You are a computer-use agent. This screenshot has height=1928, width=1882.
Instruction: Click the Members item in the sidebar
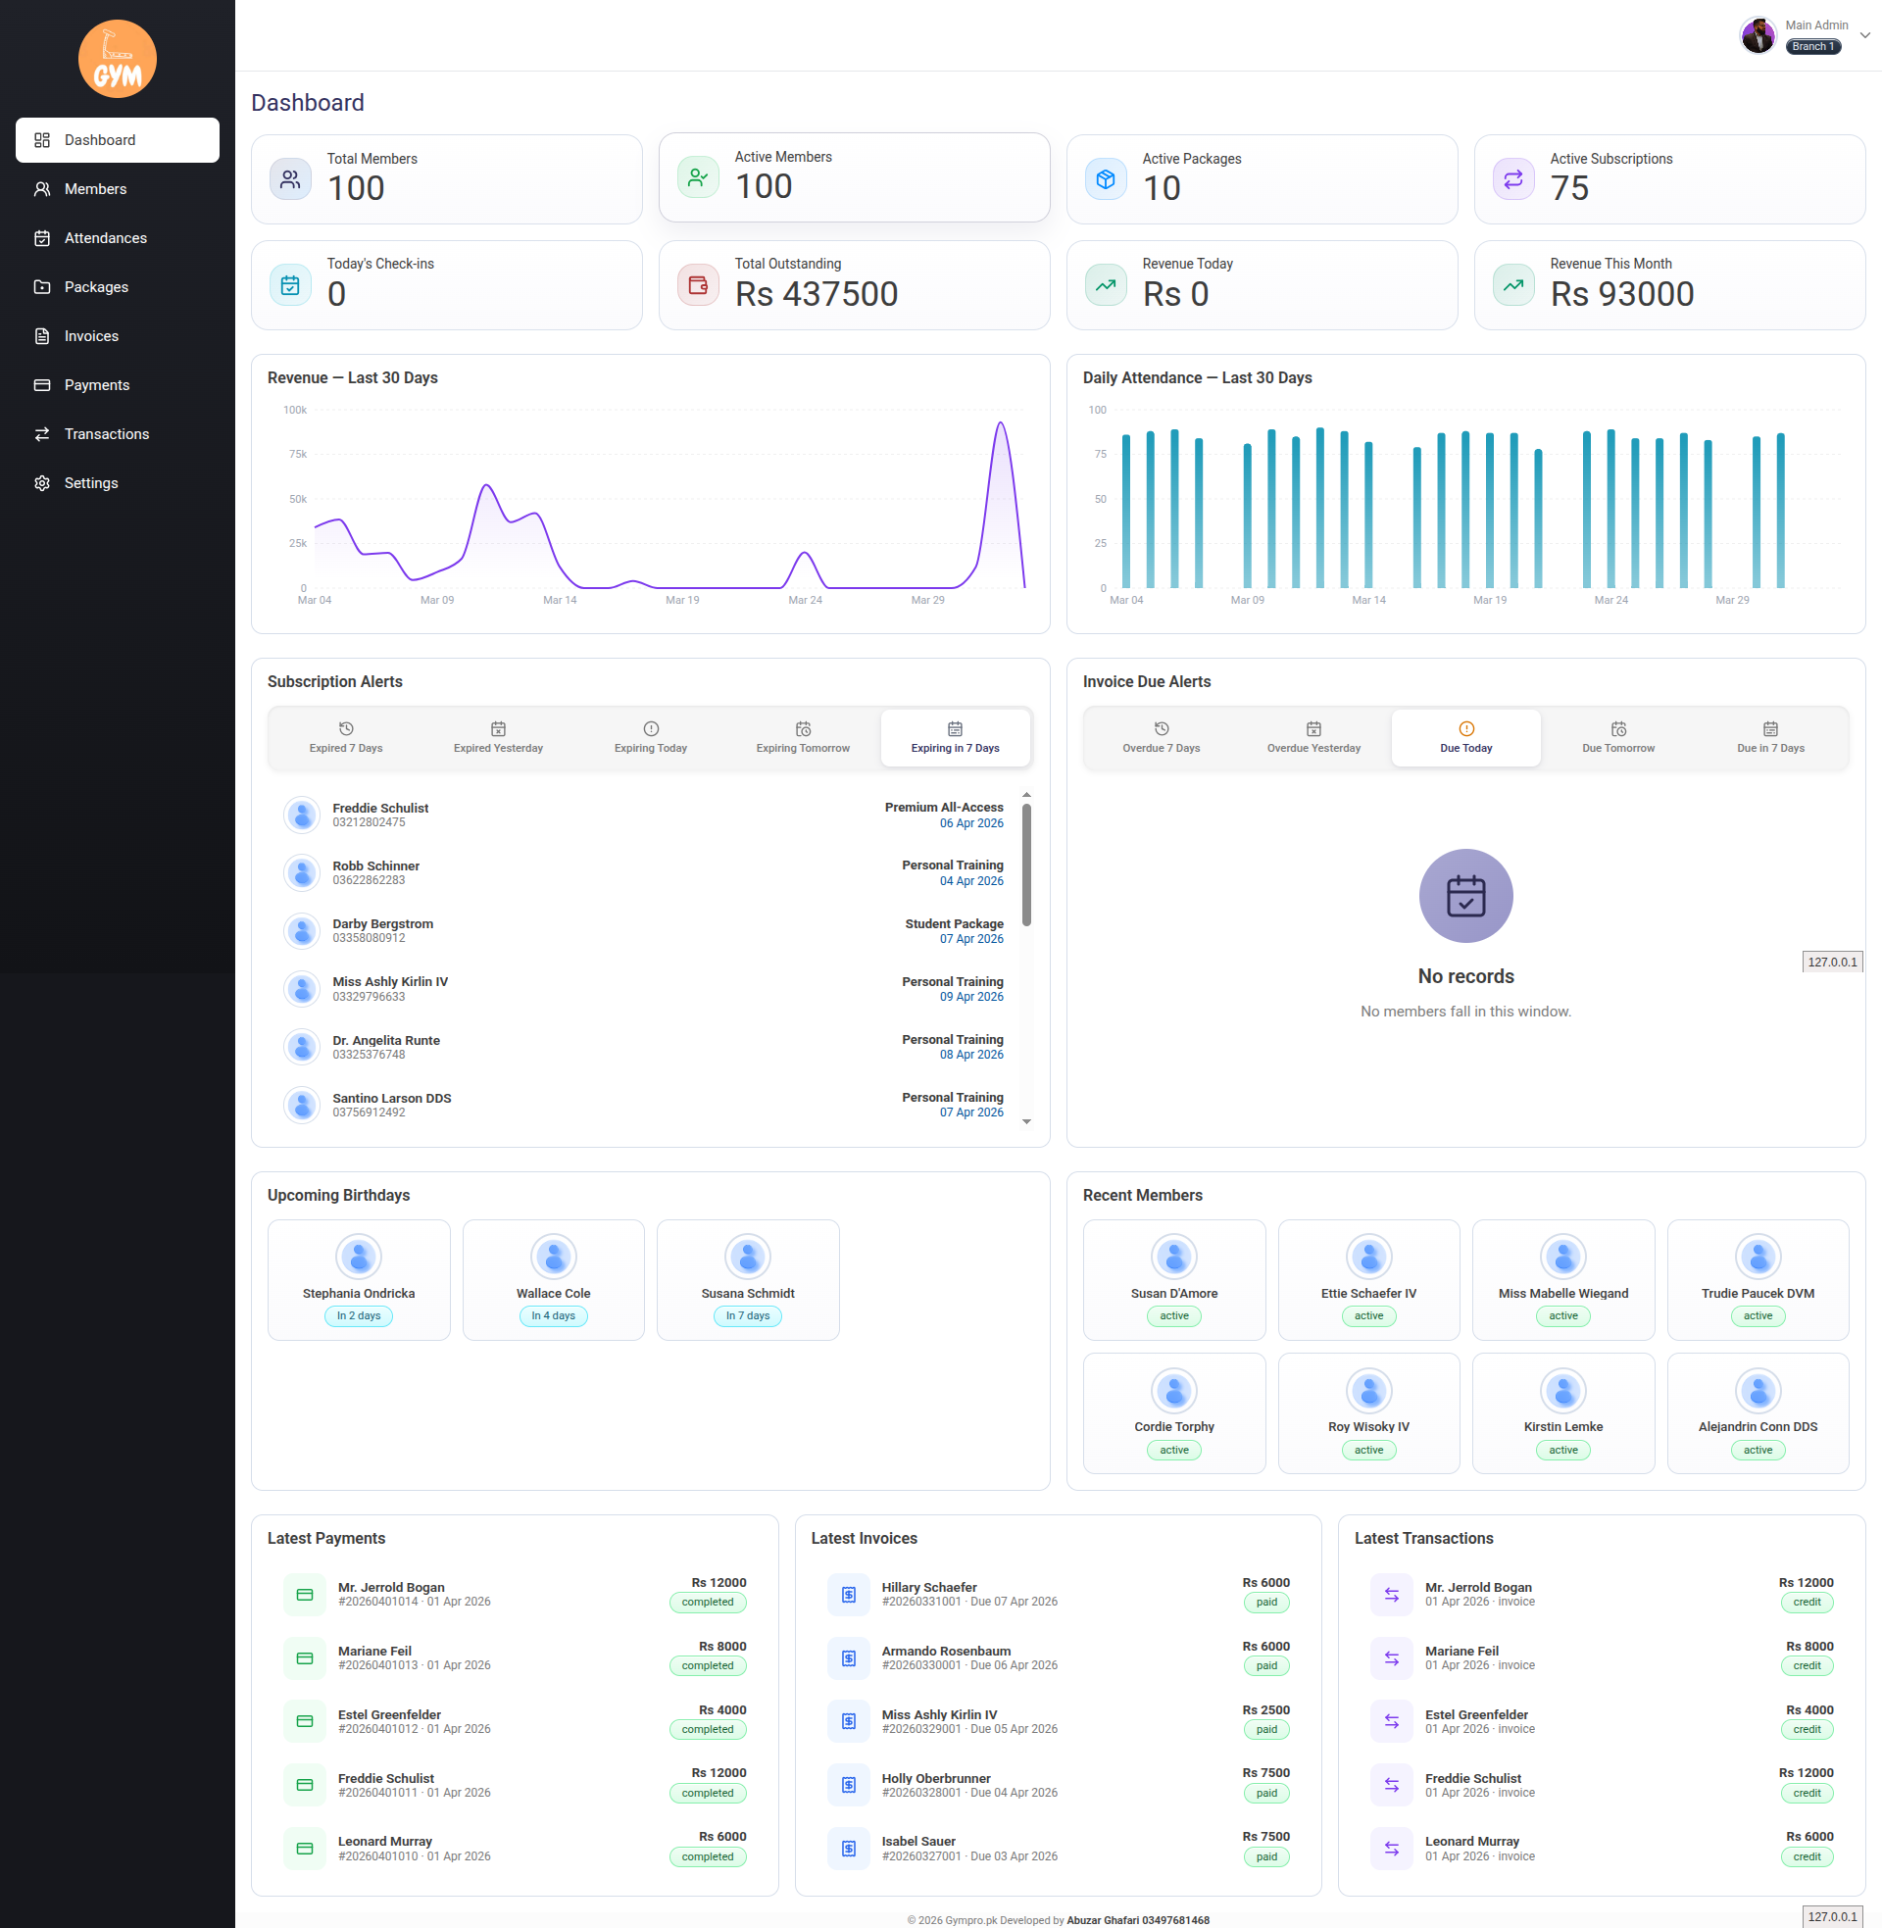pos(95,189)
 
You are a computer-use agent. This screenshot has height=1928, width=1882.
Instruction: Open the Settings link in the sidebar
pos(91,483)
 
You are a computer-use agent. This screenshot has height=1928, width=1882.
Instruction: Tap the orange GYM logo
pos(118,59)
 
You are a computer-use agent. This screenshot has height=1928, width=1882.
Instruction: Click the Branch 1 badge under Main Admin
pos(1811,46)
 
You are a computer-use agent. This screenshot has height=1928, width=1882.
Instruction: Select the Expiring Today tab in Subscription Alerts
pos(651,738)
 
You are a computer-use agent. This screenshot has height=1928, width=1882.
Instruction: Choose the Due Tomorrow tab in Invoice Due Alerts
pos(1618,738)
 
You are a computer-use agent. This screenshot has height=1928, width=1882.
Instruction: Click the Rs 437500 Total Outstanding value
pos(817,294)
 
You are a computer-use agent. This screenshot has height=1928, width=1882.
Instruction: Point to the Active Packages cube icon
pos(1105,179)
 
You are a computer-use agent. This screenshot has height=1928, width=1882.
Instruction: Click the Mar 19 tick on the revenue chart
pos(682,600)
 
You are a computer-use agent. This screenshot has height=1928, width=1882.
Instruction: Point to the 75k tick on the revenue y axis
pos(298,455)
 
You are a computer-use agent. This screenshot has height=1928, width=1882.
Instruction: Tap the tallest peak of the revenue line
pos(1001,423)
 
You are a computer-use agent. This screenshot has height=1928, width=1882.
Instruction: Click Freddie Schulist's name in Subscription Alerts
pos(380,809)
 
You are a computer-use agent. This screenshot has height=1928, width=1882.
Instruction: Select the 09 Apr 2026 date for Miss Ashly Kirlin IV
pos(970,997)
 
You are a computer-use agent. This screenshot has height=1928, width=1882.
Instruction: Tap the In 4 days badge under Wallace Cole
pos(553,1316)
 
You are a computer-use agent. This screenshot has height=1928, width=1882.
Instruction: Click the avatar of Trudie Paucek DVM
pos(1758,1257)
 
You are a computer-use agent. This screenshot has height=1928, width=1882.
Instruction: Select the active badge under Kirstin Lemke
pos(1562,1450)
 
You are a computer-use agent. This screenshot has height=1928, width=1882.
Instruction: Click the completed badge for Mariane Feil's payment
pos(708,1666)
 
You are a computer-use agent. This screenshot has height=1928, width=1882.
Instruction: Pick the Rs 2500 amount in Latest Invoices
pos(1265,1709)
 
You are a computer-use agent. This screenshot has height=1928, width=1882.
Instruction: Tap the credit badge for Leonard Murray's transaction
pos(1806,1856)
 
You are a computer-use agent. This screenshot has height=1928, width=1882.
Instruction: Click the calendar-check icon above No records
pos(1464,896)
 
